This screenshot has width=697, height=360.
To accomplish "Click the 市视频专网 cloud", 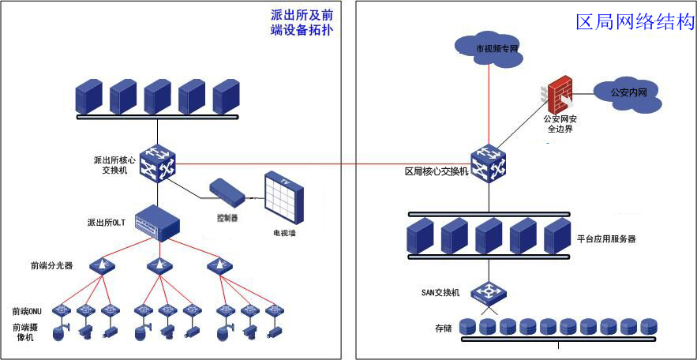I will pyautogui.click(x=490, y=47).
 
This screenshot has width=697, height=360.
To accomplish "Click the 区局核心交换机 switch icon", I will pyautogui.click(x=489, y=163).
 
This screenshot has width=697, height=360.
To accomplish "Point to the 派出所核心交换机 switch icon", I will pyautogui.click(x=157, y=163).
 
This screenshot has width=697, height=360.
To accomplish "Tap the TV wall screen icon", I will pyautogui.click(x=283, y=197).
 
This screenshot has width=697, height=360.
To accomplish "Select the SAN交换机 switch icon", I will pyautogui.click(x=489, y=291).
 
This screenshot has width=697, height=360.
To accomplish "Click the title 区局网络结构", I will pyautogui.click(x=635, y=22).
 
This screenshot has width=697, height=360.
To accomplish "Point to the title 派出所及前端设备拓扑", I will pyautogui.click(x=302, y=22).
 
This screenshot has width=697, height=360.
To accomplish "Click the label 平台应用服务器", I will pyautogui.click(x=606, y=238).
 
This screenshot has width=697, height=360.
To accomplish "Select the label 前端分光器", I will pyautogui.click(x=52, y=266).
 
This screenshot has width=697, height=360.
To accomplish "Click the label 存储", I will pyautogui.click(x=443, y=327).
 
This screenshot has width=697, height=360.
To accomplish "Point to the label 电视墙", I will pyautogui.click(x=284, y=234).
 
